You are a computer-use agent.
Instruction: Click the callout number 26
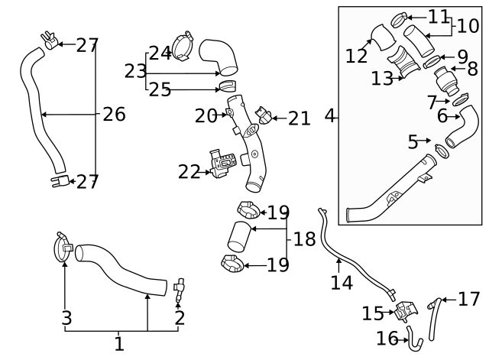click(114, 115)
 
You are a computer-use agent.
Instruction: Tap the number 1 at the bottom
click(118, 345)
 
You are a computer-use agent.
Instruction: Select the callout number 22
click(189, 172)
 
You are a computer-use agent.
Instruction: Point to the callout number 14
click(342, 283)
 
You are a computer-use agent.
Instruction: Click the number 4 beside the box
click(330, 116)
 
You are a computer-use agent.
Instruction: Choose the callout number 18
click(304, 239)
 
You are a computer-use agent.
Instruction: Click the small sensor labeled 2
click(180, 289)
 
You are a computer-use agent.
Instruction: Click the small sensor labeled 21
click(264, 117)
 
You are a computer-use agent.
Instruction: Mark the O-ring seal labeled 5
click(442, 149)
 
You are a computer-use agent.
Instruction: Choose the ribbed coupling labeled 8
click(444, 79)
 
